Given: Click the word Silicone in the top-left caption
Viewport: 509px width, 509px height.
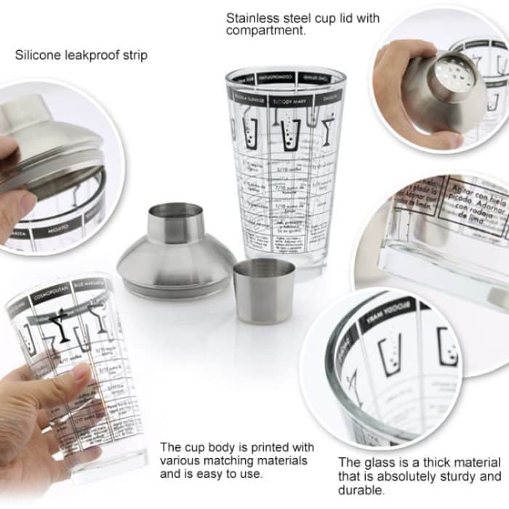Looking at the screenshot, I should (36, 55).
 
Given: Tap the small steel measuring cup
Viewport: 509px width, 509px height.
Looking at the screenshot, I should (264, 290).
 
